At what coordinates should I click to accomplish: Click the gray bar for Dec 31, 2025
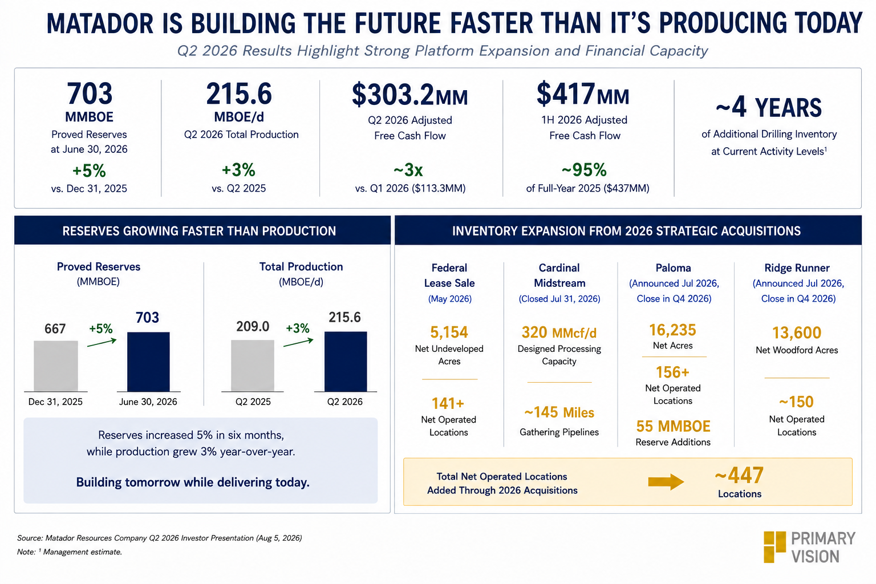point(56,366)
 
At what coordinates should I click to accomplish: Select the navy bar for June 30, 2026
point(149,362)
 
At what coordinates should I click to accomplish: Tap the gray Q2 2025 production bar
point(253,366)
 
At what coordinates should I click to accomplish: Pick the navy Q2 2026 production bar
point(346,362)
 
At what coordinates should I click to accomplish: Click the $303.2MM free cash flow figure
point(410,95)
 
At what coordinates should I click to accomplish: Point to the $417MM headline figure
point(583,94)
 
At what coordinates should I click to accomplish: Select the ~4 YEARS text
point(769,107)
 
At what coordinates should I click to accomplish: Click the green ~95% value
point(584,170)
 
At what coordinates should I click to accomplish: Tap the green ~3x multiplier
point(408,170)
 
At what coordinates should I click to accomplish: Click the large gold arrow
point(666,481)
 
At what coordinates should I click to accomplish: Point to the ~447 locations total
point(739,475)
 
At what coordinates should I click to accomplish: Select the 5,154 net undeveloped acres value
point(449,332)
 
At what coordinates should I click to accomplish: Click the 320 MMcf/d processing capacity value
point(559,332)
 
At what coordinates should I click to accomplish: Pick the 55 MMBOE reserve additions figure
point(673,426)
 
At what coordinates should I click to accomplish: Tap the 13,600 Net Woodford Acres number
point(797,333)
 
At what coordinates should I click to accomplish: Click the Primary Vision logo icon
point(774,547)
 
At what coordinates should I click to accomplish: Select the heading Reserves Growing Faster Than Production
point(199,231)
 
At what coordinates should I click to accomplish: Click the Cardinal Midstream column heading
point(559,275)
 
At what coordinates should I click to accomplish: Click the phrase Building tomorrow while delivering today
point(193,482)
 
